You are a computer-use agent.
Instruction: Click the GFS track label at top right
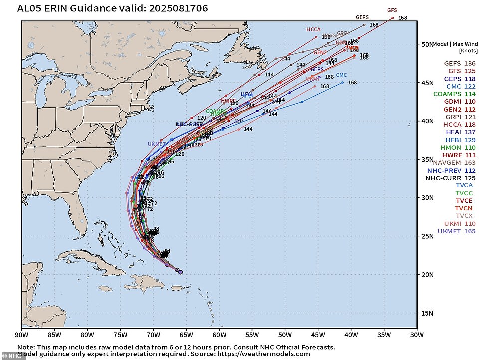click(392, 10)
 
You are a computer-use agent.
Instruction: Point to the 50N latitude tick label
click(425, 44)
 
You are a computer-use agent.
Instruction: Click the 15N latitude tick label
click(425, 313)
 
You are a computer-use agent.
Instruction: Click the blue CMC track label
click(341, 75)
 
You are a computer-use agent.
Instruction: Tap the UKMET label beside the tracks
click(156, 144)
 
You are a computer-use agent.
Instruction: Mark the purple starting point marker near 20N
click(180, 272)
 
